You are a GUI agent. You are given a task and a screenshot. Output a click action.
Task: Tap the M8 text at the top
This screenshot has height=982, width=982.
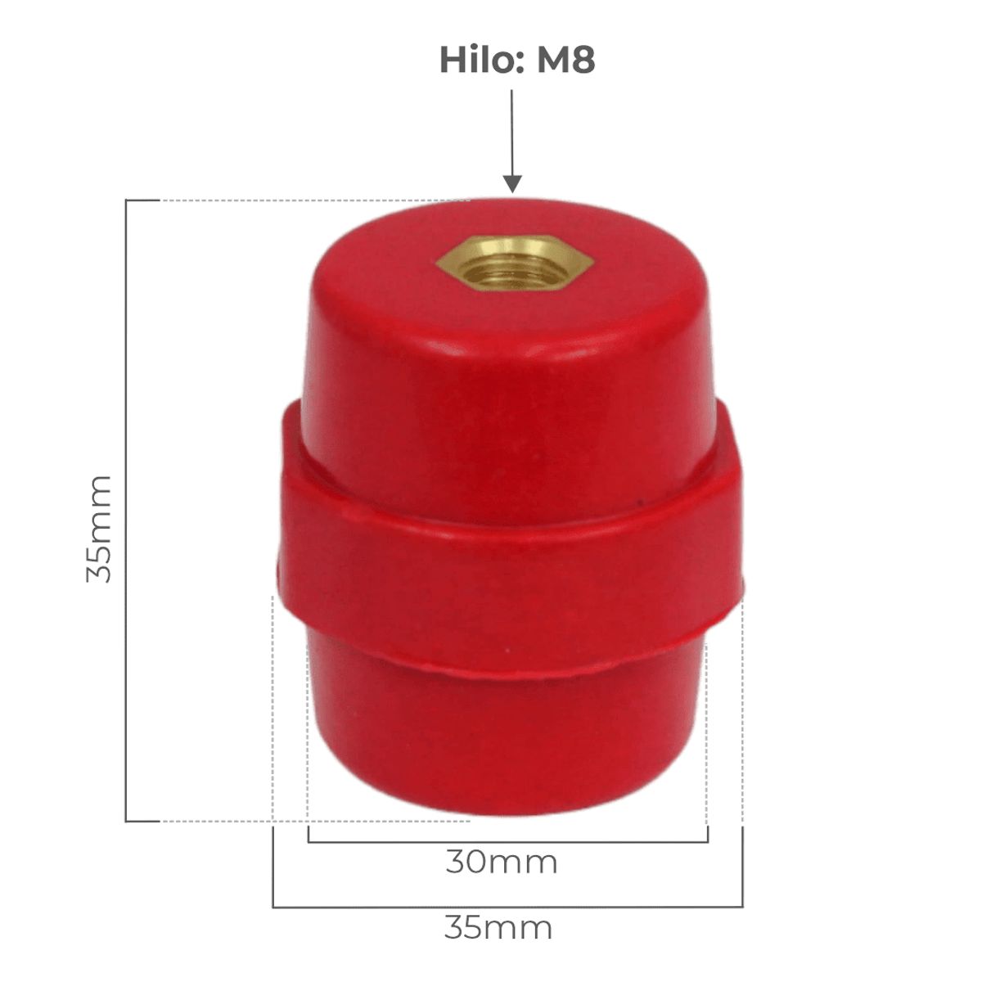point(566,60)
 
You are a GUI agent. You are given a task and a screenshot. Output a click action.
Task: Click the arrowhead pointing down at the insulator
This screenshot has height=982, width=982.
point(512,184)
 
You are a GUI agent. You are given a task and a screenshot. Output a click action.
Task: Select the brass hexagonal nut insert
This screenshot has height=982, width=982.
point(516,263)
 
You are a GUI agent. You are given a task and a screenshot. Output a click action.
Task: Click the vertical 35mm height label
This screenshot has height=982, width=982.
point(98,529)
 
